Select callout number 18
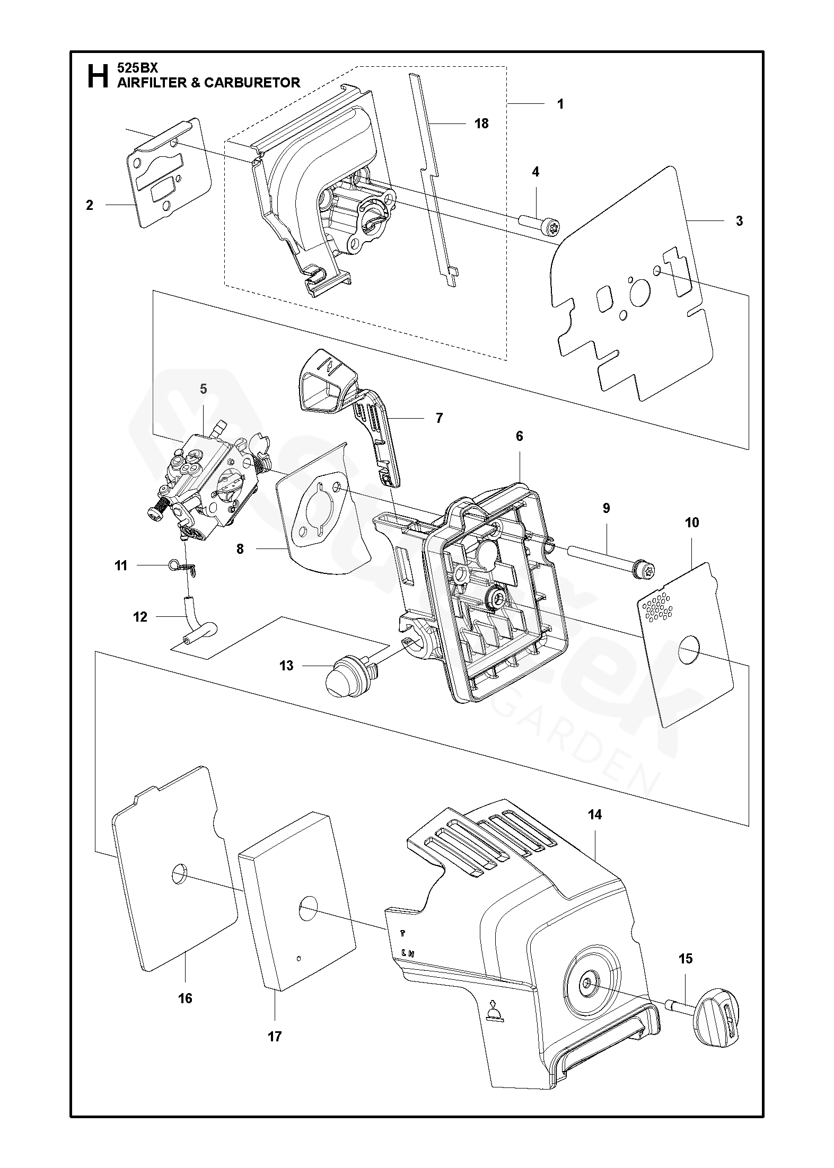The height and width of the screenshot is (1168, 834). pos(481,123)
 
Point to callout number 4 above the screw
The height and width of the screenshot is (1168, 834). pos(535,172)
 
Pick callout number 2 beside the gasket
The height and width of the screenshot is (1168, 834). pos(90,205)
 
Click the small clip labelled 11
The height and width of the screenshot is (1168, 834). pos(186,567)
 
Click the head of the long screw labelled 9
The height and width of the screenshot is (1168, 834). pos(646,571)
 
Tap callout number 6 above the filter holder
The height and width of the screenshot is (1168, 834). pos(519,436)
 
